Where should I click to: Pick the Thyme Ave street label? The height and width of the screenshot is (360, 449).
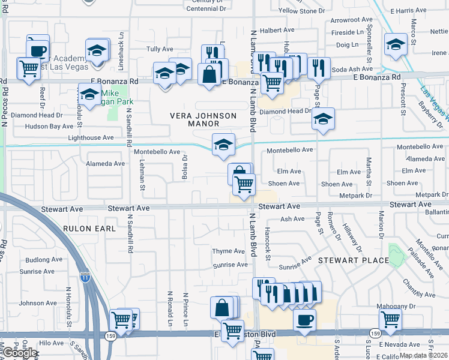pos(229,251)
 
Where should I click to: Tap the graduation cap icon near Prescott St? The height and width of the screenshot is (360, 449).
pos(396,44)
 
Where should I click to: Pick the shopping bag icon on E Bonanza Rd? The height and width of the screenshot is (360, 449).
pos(208,74)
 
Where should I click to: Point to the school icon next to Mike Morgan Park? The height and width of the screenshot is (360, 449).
pos(89,94)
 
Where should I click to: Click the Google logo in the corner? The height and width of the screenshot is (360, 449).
pos(19,353)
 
